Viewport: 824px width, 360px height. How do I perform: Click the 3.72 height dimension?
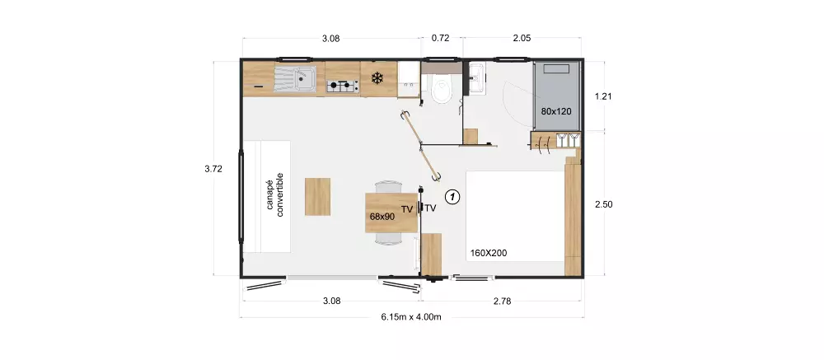click(213, 170)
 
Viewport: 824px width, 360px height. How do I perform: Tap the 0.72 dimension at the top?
click(441, 38)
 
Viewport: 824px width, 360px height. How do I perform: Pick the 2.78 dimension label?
click(502, 301)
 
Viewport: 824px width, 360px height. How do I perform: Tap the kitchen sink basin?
click(302, 81)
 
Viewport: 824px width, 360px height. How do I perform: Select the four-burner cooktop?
click(341, 84)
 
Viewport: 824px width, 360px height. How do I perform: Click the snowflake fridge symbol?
click(377, 79)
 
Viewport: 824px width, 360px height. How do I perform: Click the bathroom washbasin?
click(476, 78)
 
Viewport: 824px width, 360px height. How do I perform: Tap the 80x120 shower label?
click(557, 110)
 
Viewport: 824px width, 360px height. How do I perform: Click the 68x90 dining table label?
click(382, 216)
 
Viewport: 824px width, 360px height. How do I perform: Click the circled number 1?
click(452, 197)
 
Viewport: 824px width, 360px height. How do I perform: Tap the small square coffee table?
click(317, 196)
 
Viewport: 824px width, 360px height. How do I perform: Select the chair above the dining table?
click(386, 187)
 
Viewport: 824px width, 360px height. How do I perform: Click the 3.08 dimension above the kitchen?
click(330, 38)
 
